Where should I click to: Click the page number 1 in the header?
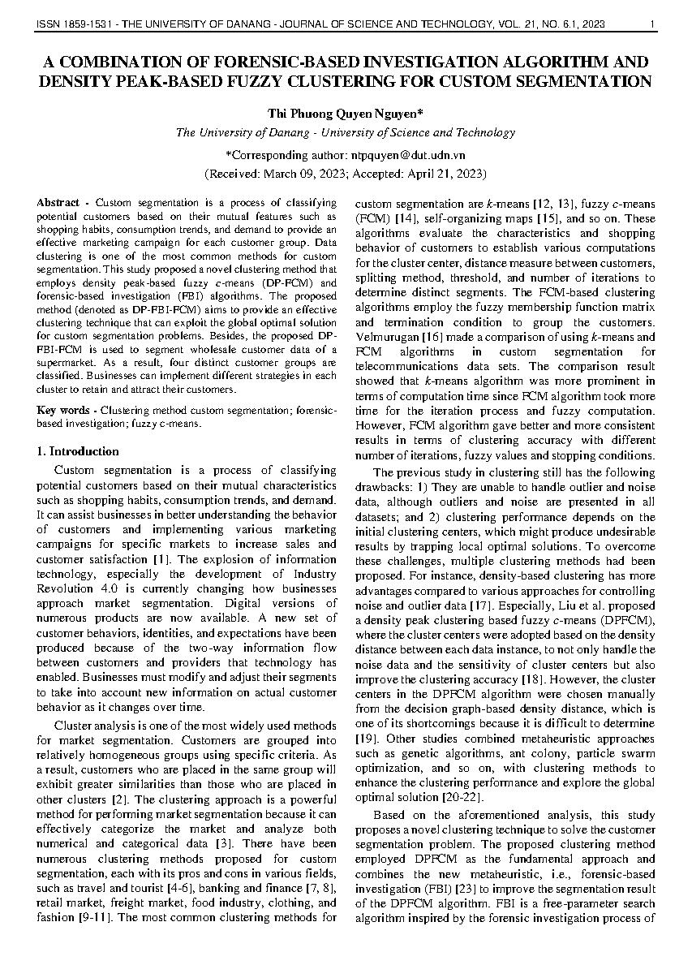[x=653, y=24]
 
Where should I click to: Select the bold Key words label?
[x=59, y=410]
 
